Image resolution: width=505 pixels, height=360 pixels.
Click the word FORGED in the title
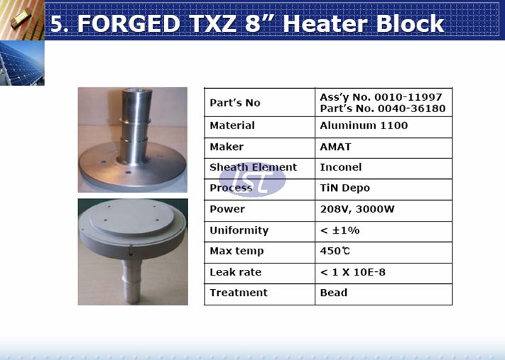tap(128, 23)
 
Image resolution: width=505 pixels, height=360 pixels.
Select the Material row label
tap(232, 126)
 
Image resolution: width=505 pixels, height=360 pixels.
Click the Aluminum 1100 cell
tap(364, 126)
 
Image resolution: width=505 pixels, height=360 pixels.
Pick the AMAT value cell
tap(335, 147)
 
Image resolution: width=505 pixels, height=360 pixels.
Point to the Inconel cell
tap(341, 168)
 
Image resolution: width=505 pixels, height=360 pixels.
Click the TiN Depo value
tap(344, 188)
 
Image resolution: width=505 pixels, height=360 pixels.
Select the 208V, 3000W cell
tap(357, 209)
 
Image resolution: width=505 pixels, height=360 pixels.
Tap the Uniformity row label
tap(239, 231)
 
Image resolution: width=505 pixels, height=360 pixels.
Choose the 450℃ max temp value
tap(335, 251)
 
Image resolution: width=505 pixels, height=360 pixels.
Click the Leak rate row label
tap(235, 273)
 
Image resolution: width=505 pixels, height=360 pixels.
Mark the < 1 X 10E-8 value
tap(353, 273)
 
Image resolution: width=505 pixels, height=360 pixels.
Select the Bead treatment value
tap(334, 293)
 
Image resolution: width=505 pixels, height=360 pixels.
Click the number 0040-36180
tap(412, 109)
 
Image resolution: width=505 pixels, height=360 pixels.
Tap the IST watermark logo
tap(252, 179)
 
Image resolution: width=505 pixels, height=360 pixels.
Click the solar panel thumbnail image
tap(22, 63)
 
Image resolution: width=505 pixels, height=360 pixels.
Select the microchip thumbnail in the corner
tap(22, 20)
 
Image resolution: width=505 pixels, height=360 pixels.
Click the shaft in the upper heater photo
tap(135, 126)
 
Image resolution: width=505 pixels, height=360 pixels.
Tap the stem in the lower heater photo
tap(132, 280)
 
